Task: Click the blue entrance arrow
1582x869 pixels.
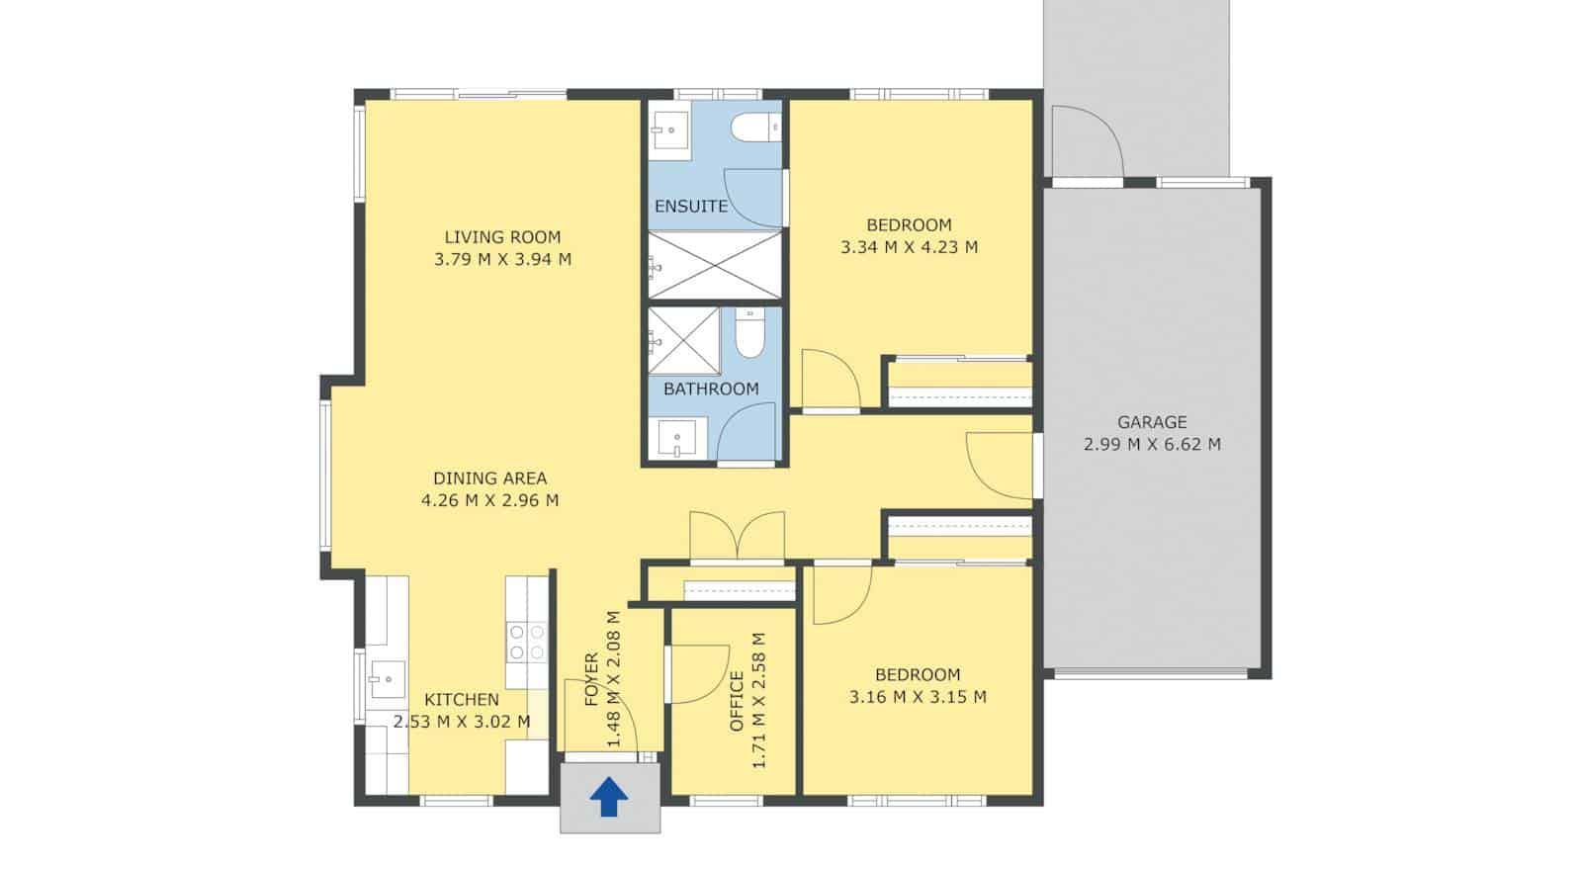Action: pyautogui.click(x=609, y=796)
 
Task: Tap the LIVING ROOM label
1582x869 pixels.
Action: pyautogui.click(x=502, y=237)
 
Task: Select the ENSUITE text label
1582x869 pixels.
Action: pyautogui.click(x=691, y=207)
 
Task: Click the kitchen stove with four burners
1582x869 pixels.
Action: pyautogui.click(x=526, y=642)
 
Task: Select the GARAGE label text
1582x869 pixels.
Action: pyautogui.click(x=1152, y=422)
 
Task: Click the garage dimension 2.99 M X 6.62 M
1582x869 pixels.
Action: pyautogui.click(x=1152, y=445)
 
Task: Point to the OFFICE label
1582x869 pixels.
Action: pyautogui.click(x=737, y=701)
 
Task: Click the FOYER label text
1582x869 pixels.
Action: pyautogui.click(x=591, y=679)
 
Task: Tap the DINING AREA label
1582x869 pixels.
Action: pyautogui.click(x=489, y=478)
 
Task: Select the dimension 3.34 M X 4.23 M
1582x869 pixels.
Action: pyautogui.click(x=909, y=247)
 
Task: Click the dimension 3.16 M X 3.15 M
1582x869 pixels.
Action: pyautogui.click(x=918, y=697)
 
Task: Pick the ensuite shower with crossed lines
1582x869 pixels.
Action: pyautogui.click(x=715, y=264)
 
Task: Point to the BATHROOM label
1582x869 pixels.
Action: pyautogui.click(x=711, y=389)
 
